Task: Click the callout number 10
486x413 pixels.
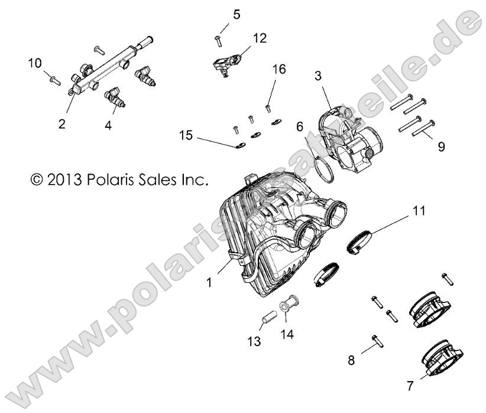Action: pyautogui.click(x=35, y=63)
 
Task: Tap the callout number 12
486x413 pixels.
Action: pyautogui.click(x=260, y=38)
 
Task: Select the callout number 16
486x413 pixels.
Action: pyautogui.click(x=278, y=70)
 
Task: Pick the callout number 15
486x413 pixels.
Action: pyautogui.click(x=186, y=135)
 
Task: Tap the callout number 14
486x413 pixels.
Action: pyautogui.click(x=289, y=334)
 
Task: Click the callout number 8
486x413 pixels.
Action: pyautogui.click(x=351, y=359)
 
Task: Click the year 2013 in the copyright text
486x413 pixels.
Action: pyautogui.click(x=67, y=178)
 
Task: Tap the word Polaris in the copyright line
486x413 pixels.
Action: pyautogui.click(x=112, y=178)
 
